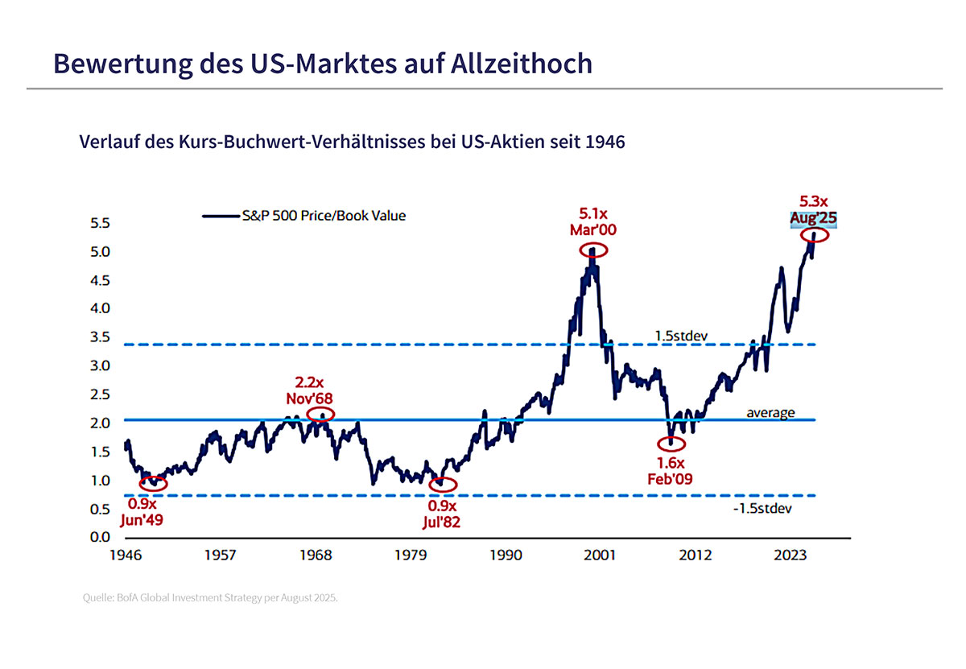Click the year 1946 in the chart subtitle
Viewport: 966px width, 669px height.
coord(605,142)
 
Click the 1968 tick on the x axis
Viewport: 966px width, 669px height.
coord(316,555)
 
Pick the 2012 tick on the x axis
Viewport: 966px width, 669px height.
coord(696,555)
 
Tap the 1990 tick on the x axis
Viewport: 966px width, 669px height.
coord(506,555)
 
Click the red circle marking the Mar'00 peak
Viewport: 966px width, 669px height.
coord(593,250)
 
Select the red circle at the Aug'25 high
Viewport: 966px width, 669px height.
coord(814,235)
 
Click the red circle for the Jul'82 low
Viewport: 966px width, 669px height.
coord(442,485)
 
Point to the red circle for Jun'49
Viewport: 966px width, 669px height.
coord(153,483)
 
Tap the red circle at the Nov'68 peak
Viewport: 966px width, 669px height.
coord(320,415)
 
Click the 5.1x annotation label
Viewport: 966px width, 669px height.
coord(593,214)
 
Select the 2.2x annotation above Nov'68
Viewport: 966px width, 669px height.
coord(309,382)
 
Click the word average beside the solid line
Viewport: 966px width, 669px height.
coord(771,413)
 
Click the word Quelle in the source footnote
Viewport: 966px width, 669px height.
coord(97,598)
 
